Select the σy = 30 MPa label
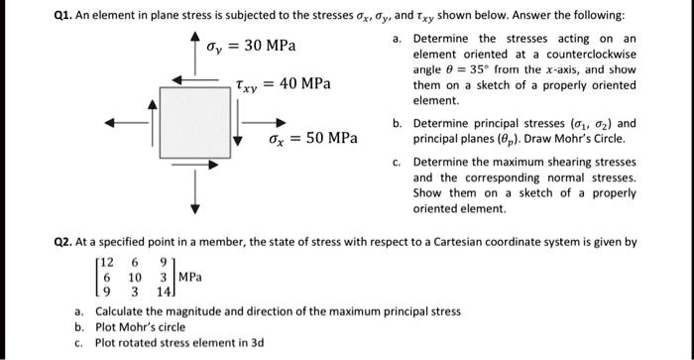pyautogui.click(x=251, y=47)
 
